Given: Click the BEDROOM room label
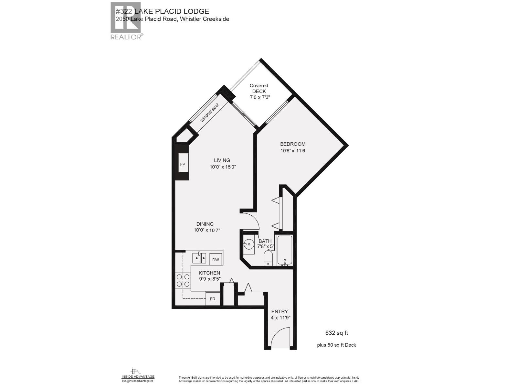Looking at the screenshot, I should [292, 144].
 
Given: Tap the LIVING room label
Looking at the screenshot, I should [222, 160].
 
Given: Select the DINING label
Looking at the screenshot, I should [205, 224].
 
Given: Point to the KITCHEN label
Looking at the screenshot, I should [209, 273].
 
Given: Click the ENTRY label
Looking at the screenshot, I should [280, 312].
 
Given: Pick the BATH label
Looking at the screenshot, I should [265, 241].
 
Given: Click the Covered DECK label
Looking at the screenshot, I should [259, 89].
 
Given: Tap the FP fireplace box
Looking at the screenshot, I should [183, 165].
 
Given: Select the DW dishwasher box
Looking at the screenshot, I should [216, 260].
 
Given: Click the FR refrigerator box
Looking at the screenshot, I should [213, 299].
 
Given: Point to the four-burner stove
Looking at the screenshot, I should [183, 280].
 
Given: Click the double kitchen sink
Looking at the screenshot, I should [199, 258].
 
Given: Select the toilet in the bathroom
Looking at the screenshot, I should [268, 258].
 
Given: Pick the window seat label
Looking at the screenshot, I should [210, 113].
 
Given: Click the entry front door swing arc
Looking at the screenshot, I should [280, 338].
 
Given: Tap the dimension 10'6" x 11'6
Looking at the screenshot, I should [293, 151].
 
